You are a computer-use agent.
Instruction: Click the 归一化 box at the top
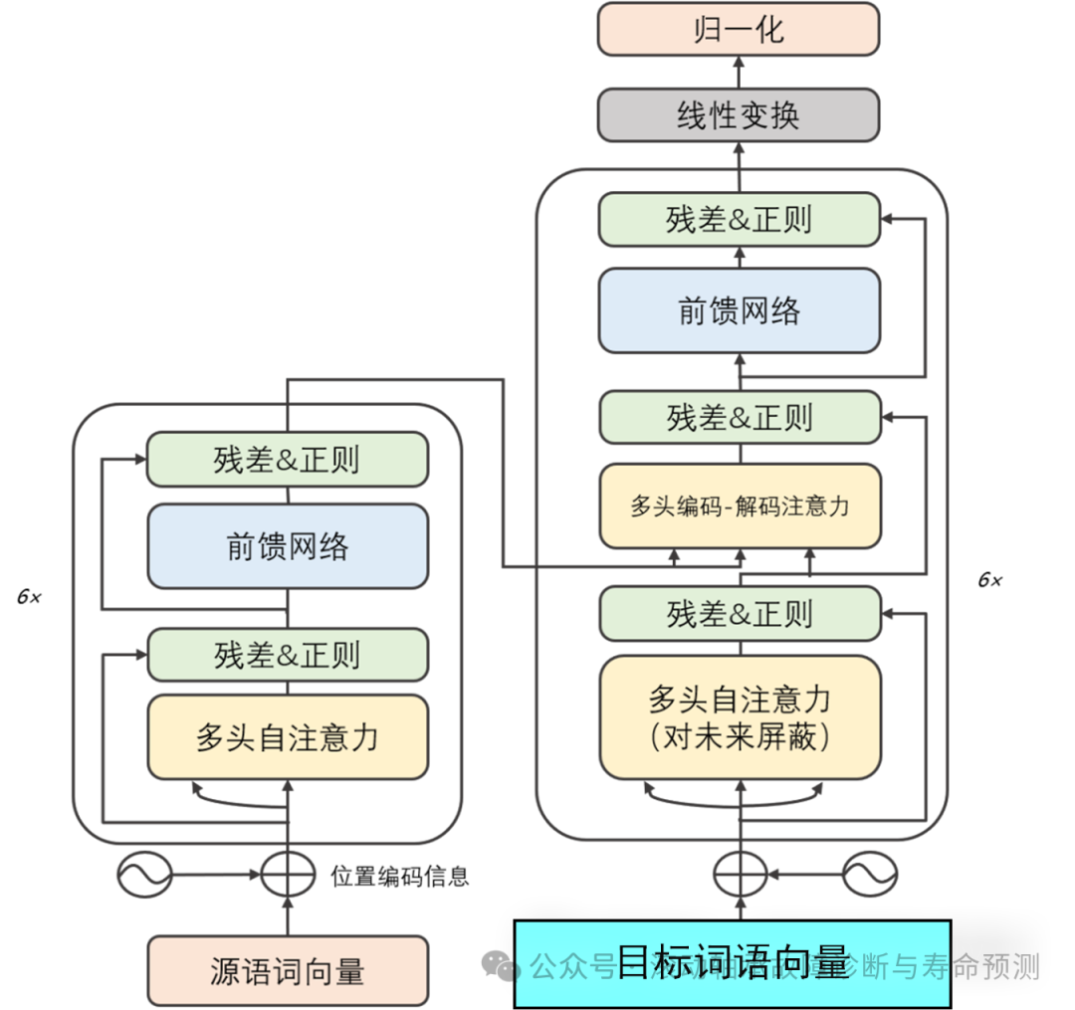coord(738,29)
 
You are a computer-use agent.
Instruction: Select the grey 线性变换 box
coord(738,114)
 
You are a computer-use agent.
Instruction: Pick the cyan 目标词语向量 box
coord(733,963)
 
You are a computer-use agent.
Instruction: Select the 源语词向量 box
coord(288,970)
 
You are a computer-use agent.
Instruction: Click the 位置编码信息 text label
coord(399,877)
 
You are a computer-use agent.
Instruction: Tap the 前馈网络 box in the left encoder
coord(288,545)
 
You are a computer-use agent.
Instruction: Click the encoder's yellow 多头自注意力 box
coord(288,737)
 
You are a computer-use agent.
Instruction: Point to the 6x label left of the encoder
coord(29,597)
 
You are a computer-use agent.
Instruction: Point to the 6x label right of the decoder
coord(989,580)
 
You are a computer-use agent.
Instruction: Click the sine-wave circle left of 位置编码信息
coord(144,876)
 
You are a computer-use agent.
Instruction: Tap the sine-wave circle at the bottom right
coord(870,876)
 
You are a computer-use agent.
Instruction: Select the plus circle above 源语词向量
coord(288,876)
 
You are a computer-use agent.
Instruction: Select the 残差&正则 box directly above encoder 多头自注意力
coord(288,655)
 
